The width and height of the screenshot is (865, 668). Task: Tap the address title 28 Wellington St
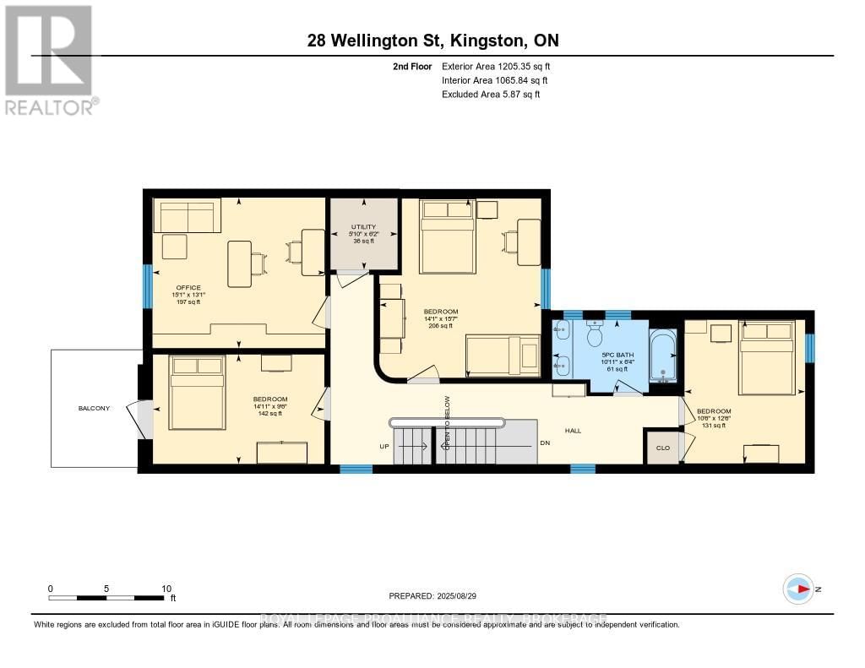tap(432, 41)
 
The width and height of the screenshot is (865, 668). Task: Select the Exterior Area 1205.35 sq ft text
tap(496, 66)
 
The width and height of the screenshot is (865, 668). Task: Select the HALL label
tap(574, 431)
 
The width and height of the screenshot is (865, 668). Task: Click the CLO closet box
tap(662, 448)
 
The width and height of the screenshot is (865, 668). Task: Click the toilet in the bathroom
tap(596, 332)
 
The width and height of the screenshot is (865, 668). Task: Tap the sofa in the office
tap(187, 215)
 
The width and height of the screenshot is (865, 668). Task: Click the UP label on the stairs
tap(384, 445)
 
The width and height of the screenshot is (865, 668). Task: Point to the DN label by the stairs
tap(546, 444)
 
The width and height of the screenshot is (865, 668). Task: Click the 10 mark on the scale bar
tap(166, 589)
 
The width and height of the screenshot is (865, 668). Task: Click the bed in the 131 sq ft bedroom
tap(766, 357)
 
